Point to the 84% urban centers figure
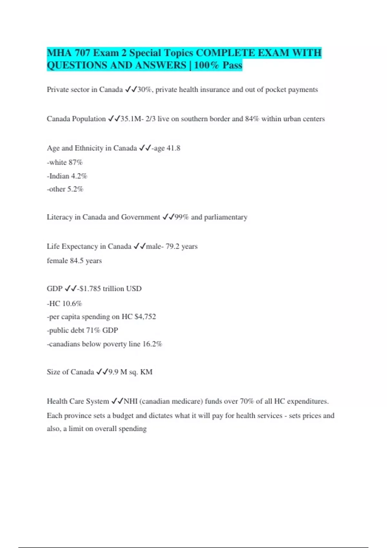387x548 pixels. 252,119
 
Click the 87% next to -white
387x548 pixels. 75,162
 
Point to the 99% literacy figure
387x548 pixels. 182,217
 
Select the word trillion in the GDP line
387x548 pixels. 113,289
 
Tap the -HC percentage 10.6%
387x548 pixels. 72,304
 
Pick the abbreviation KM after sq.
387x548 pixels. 146,372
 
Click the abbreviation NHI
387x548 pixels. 131,402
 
